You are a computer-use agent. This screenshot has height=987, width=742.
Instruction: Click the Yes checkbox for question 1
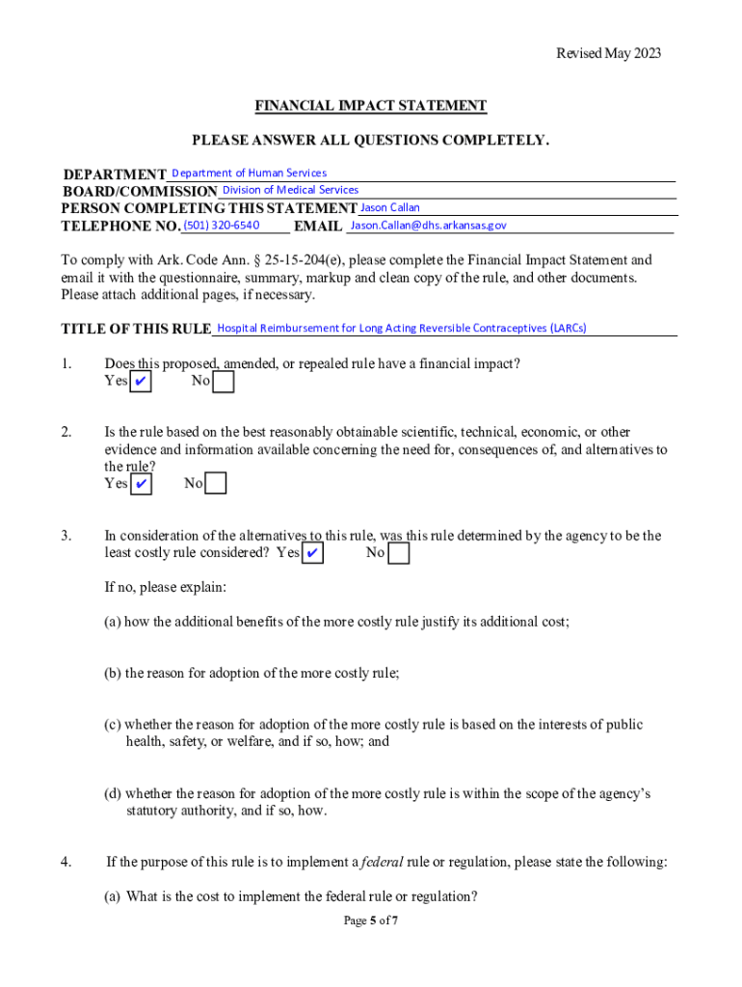pyautogui.click(x=141, y=383)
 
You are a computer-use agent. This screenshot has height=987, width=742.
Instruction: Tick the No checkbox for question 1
pyautogui.click(x=223, y=383)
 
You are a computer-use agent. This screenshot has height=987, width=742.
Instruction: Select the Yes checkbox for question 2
pyautogui.click(x=141, y=483)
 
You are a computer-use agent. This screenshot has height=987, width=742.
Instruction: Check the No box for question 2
pyautogui.click(x=216, y=483)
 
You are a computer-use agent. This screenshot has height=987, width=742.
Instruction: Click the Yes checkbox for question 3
pyautogui.click(x=312, y=553)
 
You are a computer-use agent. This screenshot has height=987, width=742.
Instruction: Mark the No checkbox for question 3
pyautogui.click(x=398, y=553)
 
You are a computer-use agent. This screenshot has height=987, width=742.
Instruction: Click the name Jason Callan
pyautogui.click(x=389, y=207)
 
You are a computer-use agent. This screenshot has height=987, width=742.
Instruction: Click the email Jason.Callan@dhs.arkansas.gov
pyautogui.click(x=428, y=226)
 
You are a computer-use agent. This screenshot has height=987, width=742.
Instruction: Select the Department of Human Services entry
pyautogui.click(x=249, y=173)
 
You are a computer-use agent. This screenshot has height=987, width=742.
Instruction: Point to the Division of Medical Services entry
pyautogui.click(x=290, y=190)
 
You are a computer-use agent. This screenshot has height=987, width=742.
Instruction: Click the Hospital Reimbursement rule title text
pyautogui.click(x=402, y=328)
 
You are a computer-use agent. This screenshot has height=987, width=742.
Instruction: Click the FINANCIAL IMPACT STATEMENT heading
pyautogui.click(x=370, y=106)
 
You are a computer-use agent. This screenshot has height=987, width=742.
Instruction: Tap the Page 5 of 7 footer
pyautogui.click(x=371, y=920)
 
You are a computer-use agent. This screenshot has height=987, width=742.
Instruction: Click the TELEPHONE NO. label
pyautogui.click(x=120, y=227)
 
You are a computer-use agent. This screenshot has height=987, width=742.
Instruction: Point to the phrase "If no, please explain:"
pyautogui.click(x=165, y=587)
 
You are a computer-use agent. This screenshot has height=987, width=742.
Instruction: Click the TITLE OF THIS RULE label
pyautogui.click(x=136, y=330)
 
